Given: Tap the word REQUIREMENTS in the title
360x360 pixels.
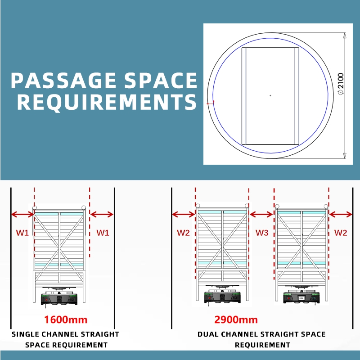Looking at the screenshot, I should coord(107,102).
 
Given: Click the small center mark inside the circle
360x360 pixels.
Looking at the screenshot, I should coord(270,95).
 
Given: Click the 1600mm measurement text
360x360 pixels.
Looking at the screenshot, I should coord(66,320).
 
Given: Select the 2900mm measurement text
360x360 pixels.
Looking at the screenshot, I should coord(236,320).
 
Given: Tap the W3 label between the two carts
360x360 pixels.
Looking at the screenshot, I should coord(262,233).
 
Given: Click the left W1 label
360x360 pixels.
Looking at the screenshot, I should coord(22,233).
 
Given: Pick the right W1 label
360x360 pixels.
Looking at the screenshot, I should coord(103,233).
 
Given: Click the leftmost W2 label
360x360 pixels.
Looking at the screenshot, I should coord(183,233).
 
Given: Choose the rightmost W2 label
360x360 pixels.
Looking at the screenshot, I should coord(341,233).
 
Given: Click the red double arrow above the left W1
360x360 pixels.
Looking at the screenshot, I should coord(22,215).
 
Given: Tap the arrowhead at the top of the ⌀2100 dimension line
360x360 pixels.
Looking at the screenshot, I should coord(345,36).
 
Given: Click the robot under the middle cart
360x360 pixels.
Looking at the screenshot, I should coord(222,297).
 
